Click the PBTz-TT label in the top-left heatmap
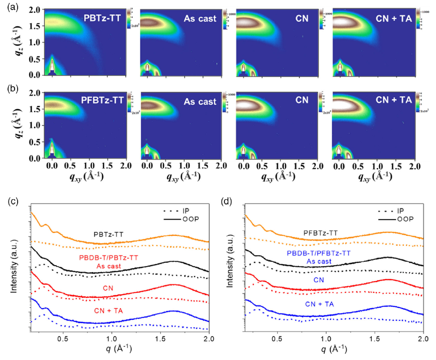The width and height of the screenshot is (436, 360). [102, 18]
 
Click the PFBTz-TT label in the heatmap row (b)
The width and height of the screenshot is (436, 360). [102, 100]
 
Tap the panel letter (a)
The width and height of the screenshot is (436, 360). [13, 7]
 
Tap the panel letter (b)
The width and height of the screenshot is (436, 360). [13, 89]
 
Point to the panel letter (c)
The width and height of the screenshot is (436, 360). [13, 201]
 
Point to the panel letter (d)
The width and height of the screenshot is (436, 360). [226, 201]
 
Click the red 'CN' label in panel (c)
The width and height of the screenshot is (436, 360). [108, 288]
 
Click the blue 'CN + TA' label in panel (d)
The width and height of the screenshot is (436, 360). [319, 304]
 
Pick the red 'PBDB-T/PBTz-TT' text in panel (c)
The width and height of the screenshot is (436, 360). [108, 258]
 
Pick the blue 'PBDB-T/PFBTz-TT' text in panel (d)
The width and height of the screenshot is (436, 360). [319, 253]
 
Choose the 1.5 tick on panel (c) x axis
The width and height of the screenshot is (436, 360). [160, 339]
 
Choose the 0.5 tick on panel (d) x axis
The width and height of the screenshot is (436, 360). [277, 339]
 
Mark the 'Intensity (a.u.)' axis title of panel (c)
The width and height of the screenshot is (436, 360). [14, 266]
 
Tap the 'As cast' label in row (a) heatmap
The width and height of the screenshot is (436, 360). [200, 19]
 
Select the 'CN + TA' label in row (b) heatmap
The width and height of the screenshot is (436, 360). [393, 100]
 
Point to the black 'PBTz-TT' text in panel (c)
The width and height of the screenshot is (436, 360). [108, 234]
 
